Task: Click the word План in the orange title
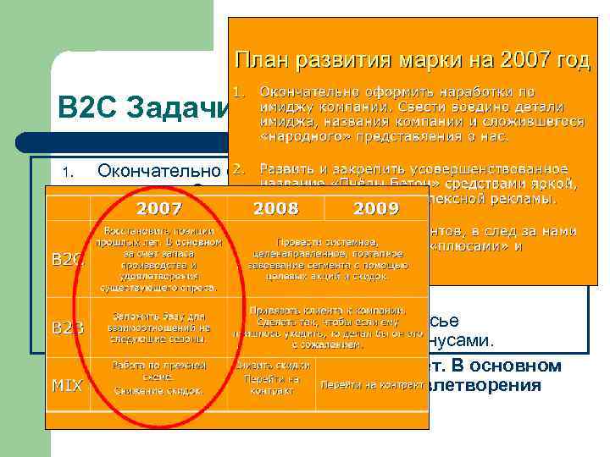[x=260, y=60]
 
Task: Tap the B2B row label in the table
[x=68, y=326]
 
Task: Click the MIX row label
[x=68, y=385]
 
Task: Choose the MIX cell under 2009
[x=370, y=384]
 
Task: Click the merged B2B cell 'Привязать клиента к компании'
[x=323, y=327]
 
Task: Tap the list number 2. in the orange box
[x=239, y=168]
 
